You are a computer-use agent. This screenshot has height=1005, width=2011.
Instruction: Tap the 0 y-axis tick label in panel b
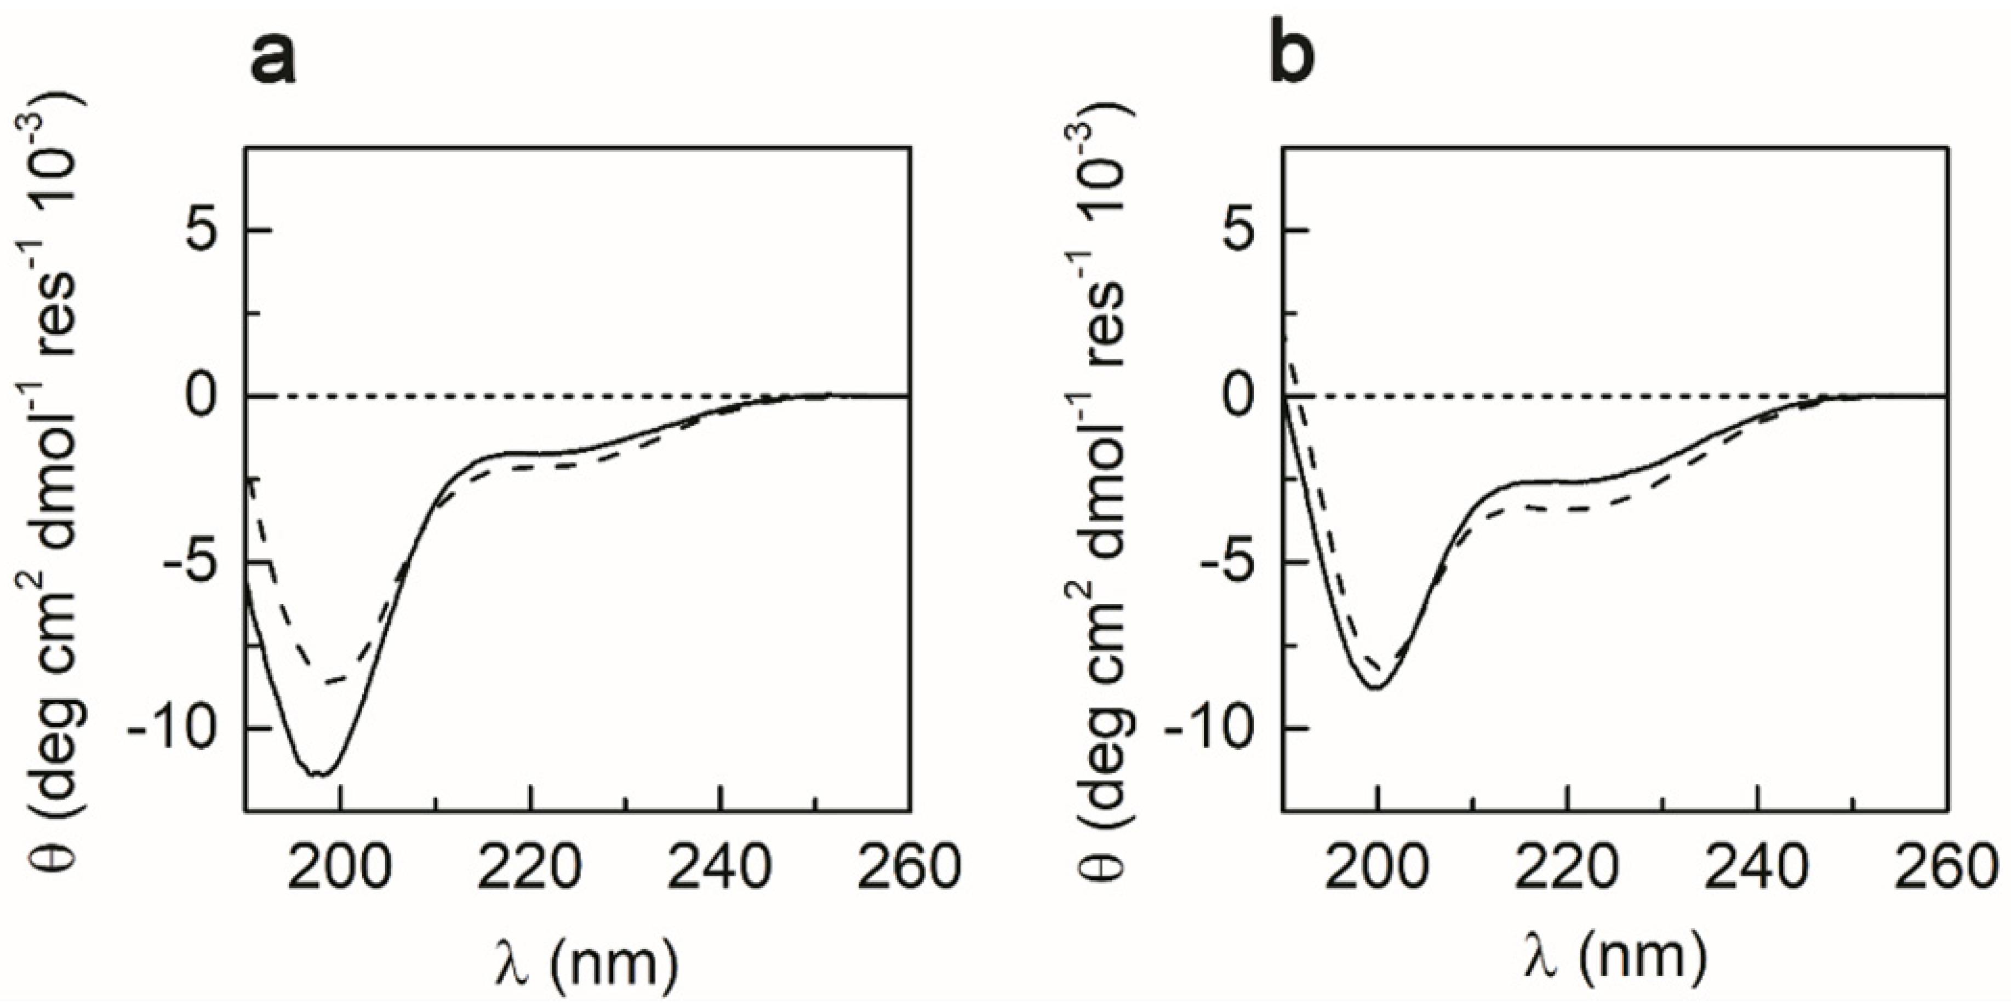tap(1244, 397)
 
